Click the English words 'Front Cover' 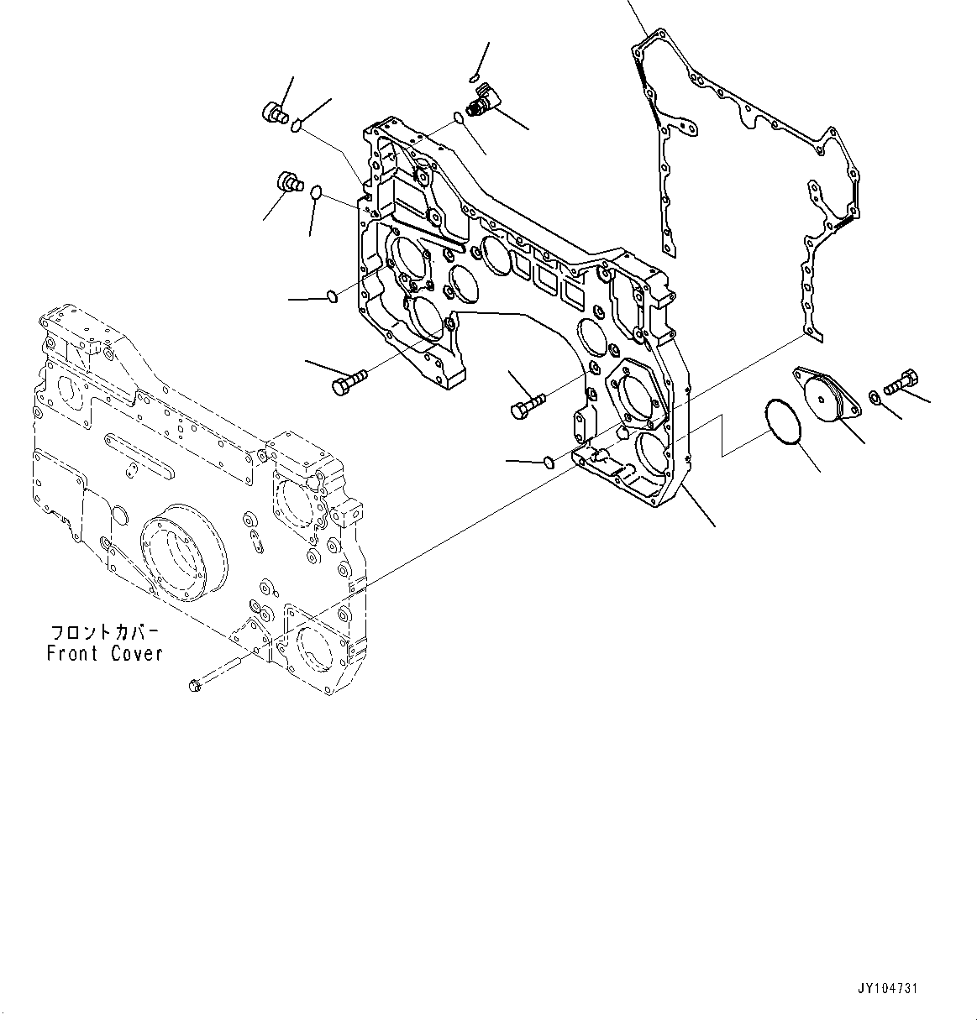point(104,653)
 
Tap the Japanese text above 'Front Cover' point(104,631)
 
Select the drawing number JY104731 point(888,989)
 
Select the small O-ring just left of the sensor point(458,118)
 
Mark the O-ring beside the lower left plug point(316,193)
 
